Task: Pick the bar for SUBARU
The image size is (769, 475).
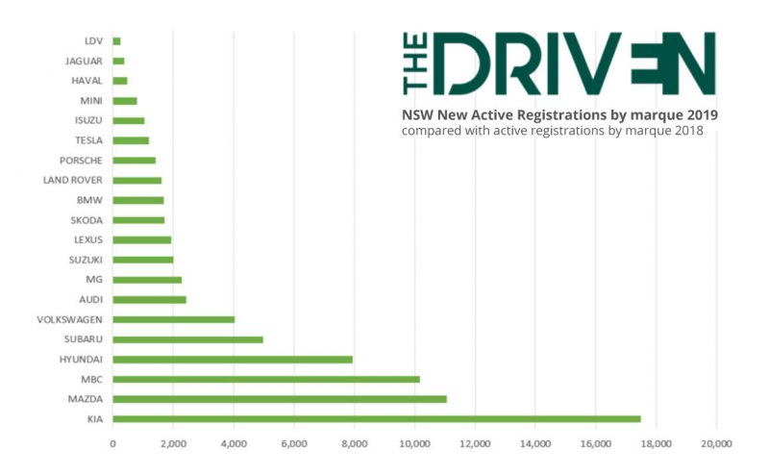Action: pyautogui.click(x=187, y=339)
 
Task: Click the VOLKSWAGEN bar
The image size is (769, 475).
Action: pyautogui.click(x=173, y=319)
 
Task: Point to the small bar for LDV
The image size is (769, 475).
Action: pyautogui.click(x=116, y=41)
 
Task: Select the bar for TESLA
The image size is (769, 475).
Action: pyautogui.click(x=131, y=140)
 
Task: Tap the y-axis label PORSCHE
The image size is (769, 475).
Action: pyautogui.click(x=81, y=161)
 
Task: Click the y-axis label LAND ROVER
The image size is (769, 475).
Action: pyautogui.click(x=73, y=180)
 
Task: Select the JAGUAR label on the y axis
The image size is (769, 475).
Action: pyautogui.click(x=84, y=62)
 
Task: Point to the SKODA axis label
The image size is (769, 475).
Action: pyautogui.click(x=87, y=220)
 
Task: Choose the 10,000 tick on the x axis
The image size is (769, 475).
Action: pyautogui.click(x=414, y=443)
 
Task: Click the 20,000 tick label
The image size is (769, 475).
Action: pyautogui.click(x=716, y=443)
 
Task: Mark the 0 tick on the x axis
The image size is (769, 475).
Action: pyautogui.click(x=113, y=443)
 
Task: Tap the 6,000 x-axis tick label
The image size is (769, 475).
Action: pyautogui.click(x=293, y=443)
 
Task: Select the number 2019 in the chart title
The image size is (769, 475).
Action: pyautogui.click(x=699, y=114)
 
